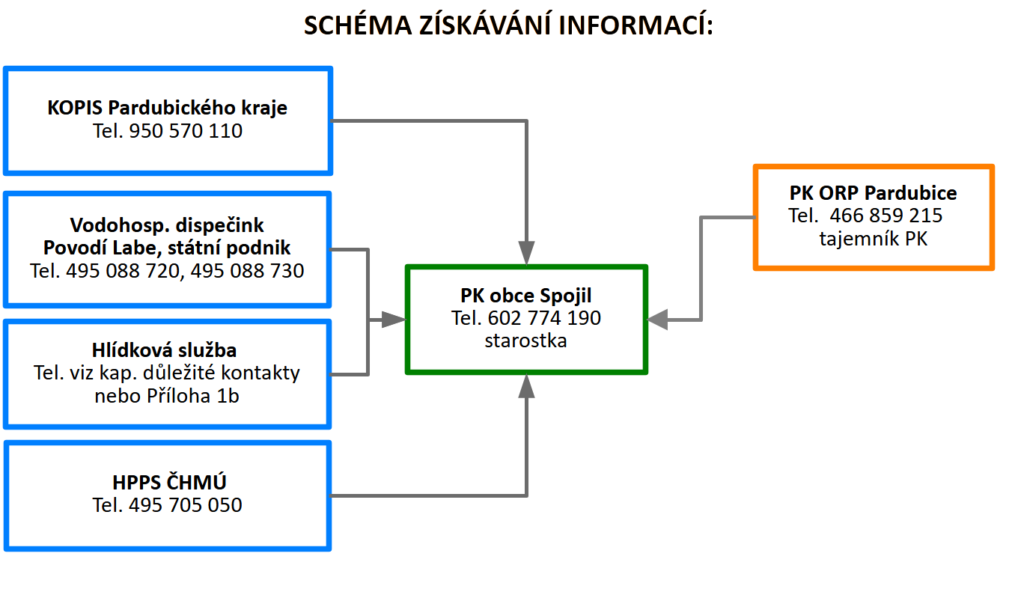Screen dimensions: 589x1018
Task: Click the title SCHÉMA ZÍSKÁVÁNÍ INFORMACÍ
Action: [509, 25]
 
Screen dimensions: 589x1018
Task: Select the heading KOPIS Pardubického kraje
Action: [167, 108]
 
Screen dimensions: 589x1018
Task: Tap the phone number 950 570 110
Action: [186, 131]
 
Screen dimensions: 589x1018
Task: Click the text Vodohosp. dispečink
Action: [167, 225]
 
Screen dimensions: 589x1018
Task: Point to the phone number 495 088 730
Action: [247, 270]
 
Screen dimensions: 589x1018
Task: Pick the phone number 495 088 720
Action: [123, 270]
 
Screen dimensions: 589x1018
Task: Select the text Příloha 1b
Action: [190, 396]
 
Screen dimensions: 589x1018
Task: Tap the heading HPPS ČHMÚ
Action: [167, 482]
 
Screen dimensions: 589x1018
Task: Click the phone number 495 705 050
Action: [186, 505]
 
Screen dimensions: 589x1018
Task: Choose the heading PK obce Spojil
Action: [526, 296]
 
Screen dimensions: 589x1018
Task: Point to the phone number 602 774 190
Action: [544, 318]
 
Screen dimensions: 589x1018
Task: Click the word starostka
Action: [525, 341]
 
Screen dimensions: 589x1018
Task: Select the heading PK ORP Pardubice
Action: [873, 193]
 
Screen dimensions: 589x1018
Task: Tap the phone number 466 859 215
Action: [886, 216]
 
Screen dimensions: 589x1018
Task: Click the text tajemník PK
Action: [873, 239]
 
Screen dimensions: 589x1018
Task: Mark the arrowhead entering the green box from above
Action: [527, 253]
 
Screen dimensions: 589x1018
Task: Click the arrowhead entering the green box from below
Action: [527, 386]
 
